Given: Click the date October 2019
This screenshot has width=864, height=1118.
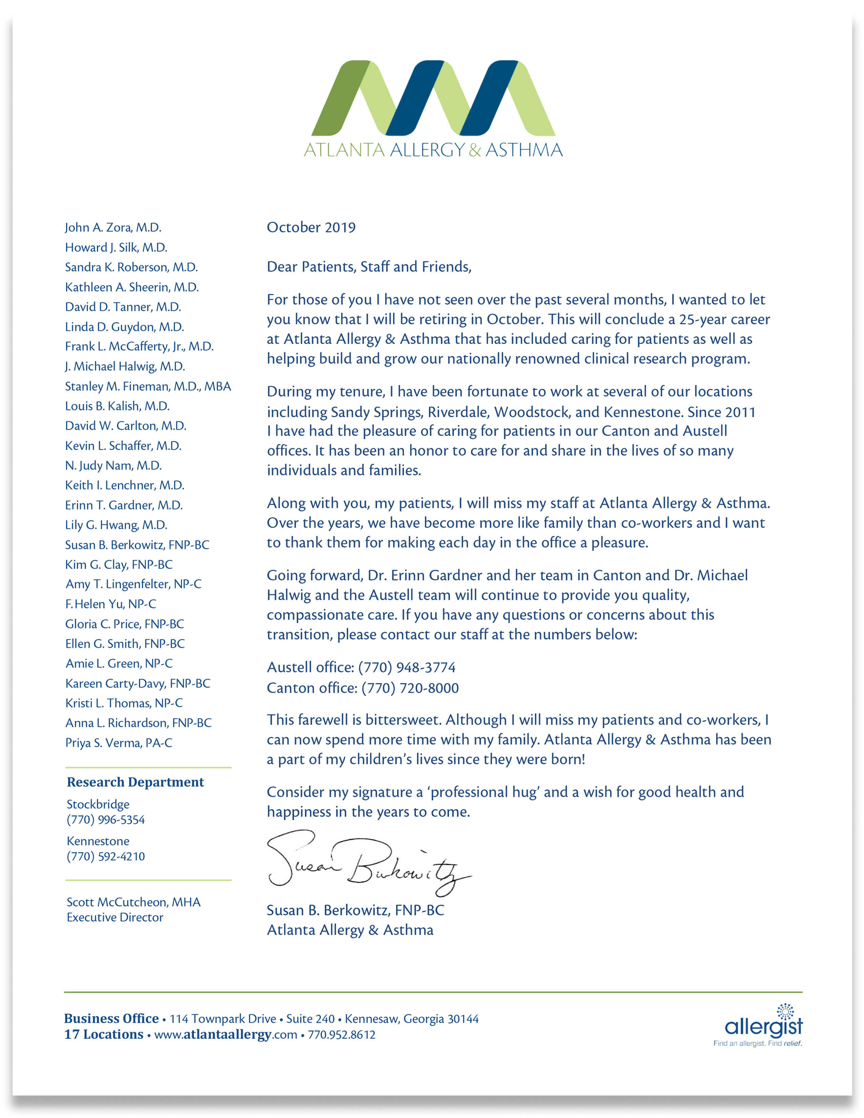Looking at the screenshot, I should (x=311, y=227).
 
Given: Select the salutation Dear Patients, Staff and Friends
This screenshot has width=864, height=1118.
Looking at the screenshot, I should (x=369, y=267).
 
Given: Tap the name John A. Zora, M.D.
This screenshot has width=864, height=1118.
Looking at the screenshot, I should (x=113, y=227).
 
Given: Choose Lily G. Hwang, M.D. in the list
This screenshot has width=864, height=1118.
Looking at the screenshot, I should (x=116, y=525).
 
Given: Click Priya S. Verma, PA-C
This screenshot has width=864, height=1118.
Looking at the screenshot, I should (x=119, y=743).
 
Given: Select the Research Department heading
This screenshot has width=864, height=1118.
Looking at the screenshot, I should (x=135, y=782).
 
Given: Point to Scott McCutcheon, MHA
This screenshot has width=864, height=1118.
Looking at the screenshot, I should (x=133, y=902).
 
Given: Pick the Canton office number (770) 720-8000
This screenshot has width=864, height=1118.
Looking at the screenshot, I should (x=410, y=688).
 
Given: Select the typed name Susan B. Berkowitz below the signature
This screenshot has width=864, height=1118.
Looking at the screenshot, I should (x=355, y=910).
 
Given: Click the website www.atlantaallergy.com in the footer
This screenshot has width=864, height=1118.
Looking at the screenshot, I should (x=225, y=1035).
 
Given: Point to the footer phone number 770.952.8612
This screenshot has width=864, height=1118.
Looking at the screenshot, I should (x=342, y=1035).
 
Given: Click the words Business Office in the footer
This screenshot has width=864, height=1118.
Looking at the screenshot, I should (x=111, y=1019).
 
